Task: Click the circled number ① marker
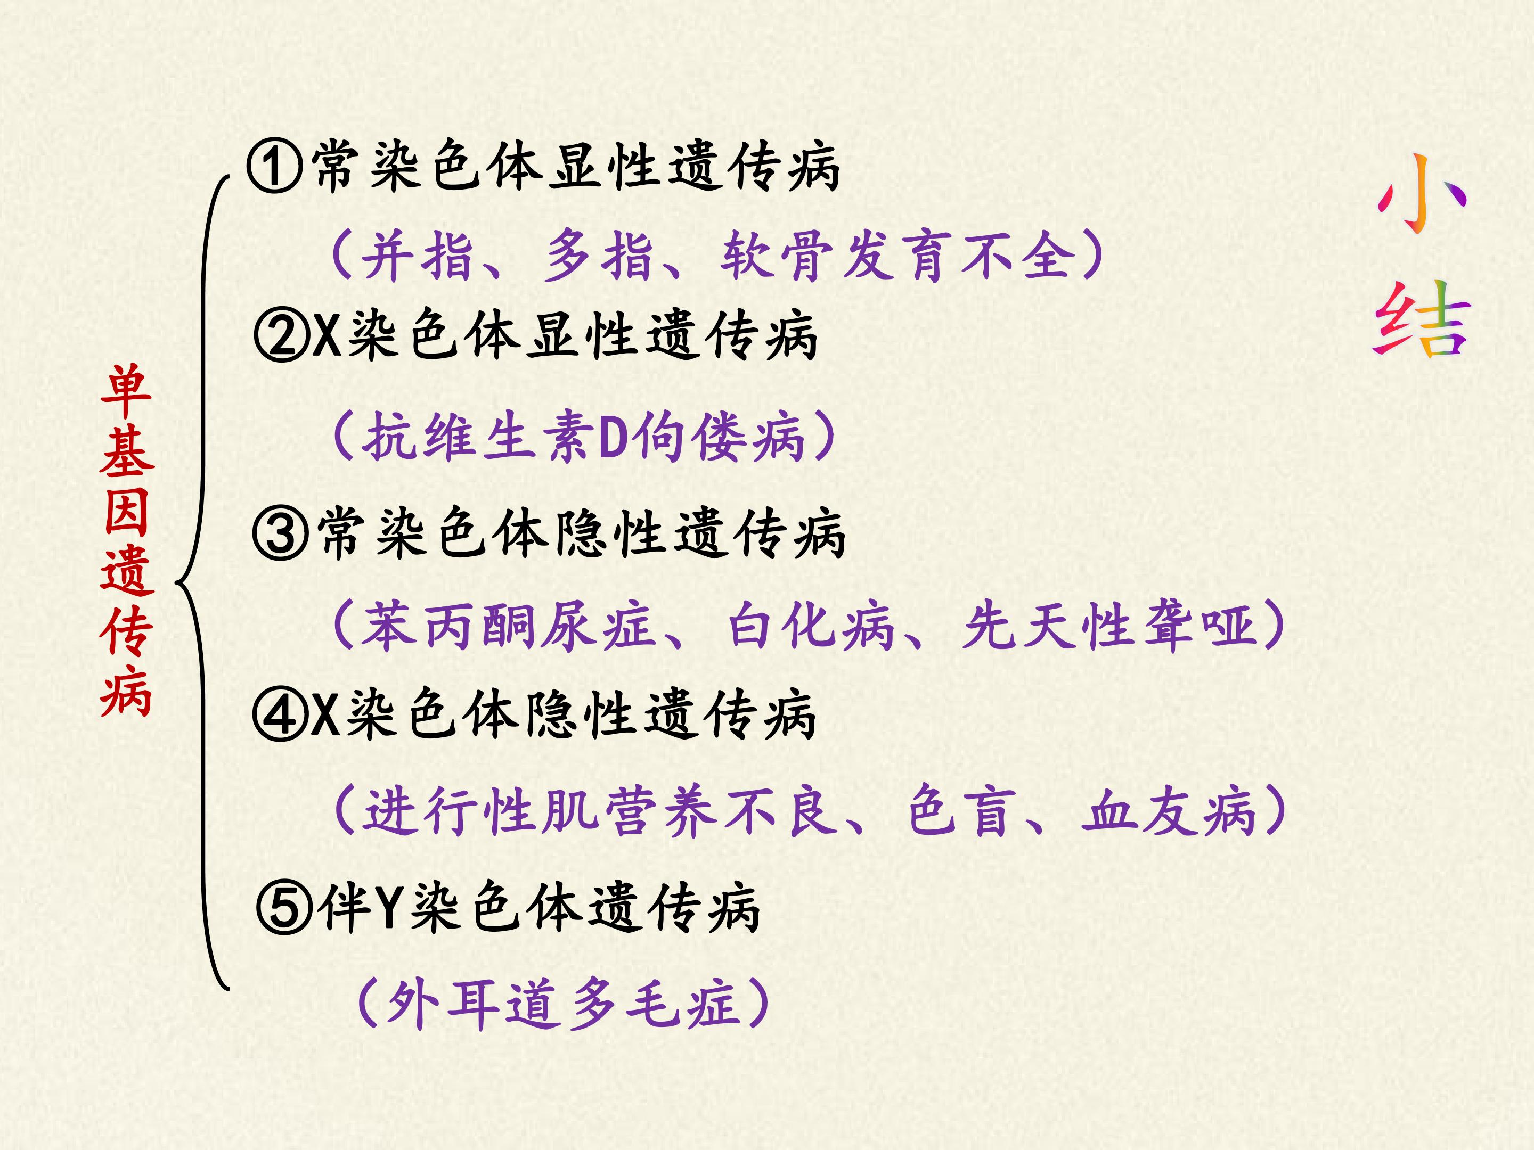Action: (x=275, y=167)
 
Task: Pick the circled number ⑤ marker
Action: (x=284, y=907)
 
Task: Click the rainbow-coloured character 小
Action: (x=1422, y=194)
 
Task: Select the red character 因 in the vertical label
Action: (x=127, y=512)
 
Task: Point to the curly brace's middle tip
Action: (x=176, y=582)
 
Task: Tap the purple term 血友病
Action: (x=1169, y=810)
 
